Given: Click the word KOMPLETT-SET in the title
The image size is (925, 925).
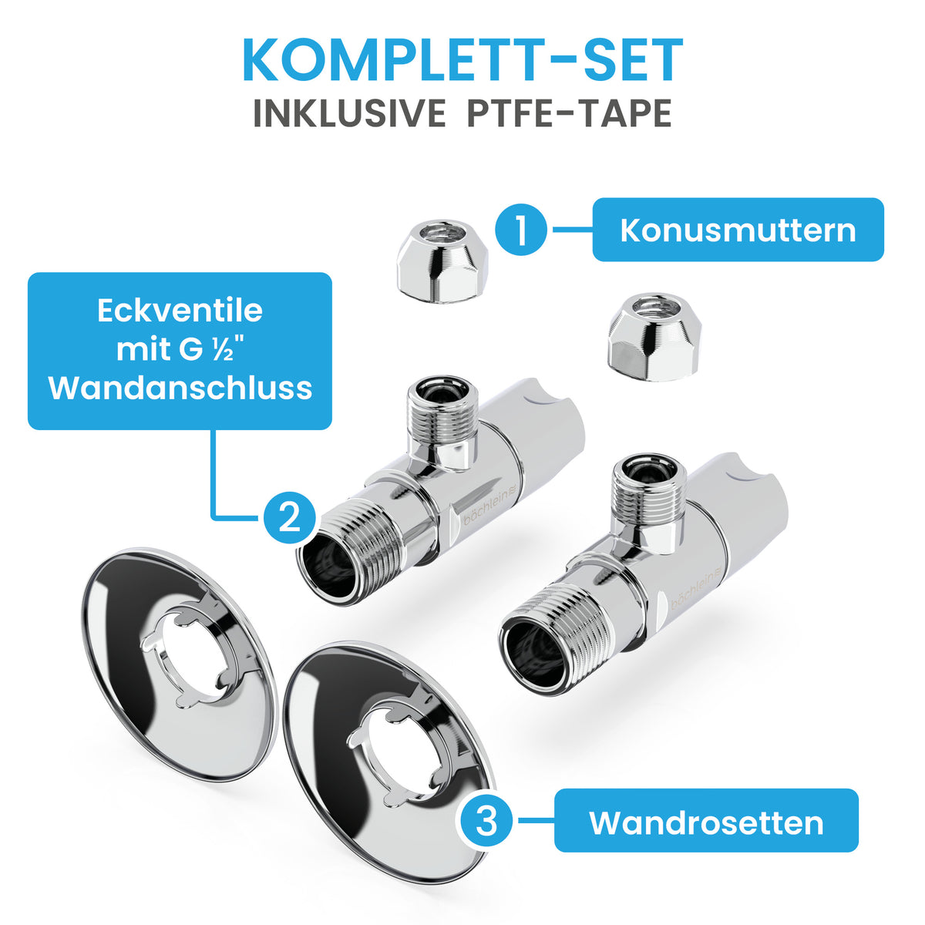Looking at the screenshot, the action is click(x=462, y=60).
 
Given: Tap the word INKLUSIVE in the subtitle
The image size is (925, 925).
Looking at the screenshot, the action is click(x=349, y=113).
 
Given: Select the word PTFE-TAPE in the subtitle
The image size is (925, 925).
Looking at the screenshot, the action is click(x=570, y=113).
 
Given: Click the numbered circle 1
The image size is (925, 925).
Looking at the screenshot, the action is click(x=521, y=230).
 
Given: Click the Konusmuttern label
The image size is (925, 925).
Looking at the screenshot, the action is click(x=738, y=230).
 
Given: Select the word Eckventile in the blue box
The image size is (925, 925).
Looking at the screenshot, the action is click(x=180, y=311).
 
